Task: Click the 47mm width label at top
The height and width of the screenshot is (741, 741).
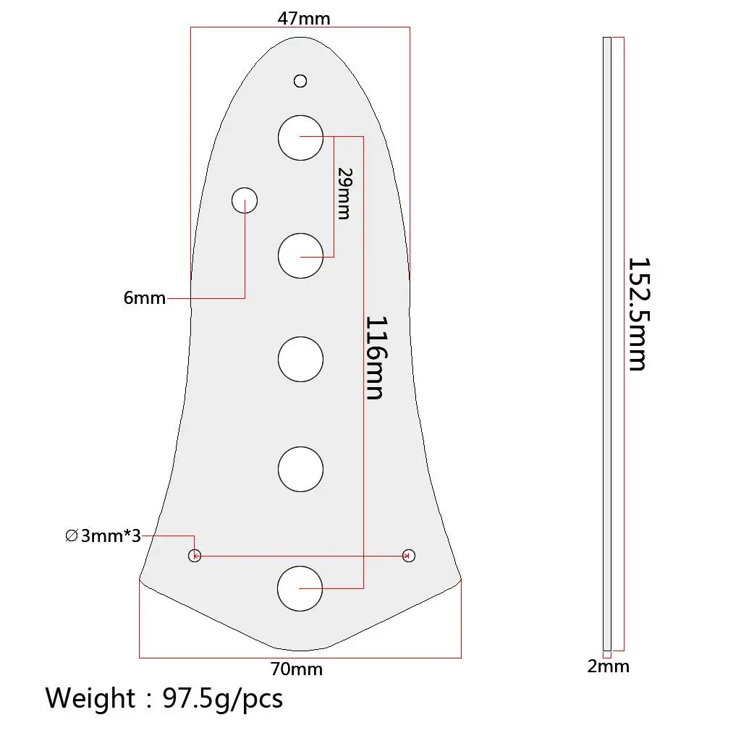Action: [303, 19]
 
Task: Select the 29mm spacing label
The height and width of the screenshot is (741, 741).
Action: [344, 193]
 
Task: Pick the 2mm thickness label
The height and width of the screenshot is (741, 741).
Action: [608, 666]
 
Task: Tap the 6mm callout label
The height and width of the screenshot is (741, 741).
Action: [144, 297]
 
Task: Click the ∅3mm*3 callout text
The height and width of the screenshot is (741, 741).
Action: [102, 536]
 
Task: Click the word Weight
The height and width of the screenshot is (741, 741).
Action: [90, 698]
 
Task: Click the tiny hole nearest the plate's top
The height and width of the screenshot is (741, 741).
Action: [300, 80]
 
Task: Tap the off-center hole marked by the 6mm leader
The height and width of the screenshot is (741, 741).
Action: [245, 200]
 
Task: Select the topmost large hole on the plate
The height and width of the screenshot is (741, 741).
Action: [300, 137]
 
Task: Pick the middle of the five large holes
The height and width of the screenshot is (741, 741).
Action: [300, 359]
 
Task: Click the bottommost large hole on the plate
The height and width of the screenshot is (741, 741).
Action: [300, 588]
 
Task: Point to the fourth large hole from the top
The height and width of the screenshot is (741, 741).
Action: [300, 468]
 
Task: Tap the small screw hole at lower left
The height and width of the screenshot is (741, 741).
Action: [194, 556]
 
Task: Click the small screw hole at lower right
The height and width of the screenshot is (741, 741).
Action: [409, 555]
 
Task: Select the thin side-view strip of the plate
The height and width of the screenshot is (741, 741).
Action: [607, 344]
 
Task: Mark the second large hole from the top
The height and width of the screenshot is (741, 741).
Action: [300, 256]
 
